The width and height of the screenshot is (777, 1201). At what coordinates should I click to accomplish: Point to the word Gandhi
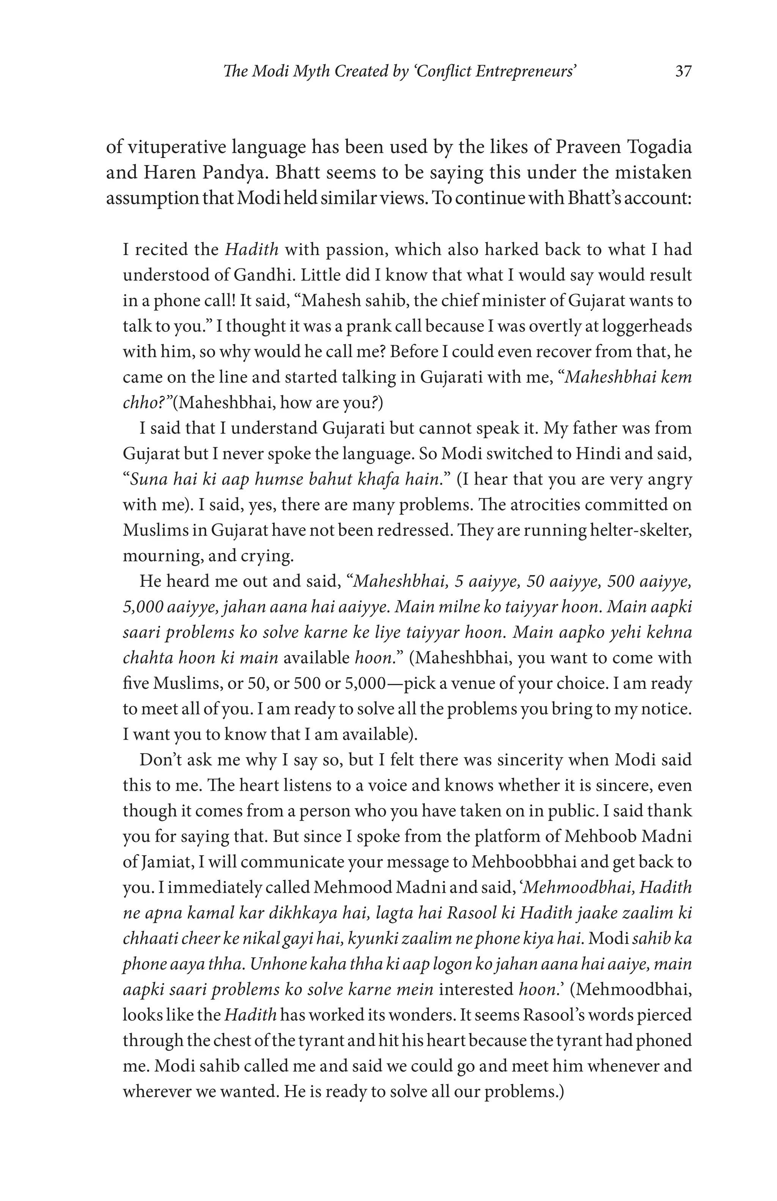coord(258,275)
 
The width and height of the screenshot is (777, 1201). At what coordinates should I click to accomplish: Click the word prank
coord(379,326)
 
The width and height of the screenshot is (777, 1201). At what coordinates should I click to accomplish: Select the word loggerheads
coord(646,326)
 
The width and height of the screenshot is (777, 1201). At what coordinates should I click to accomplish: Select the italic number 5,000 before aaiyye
coord(143,607)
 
